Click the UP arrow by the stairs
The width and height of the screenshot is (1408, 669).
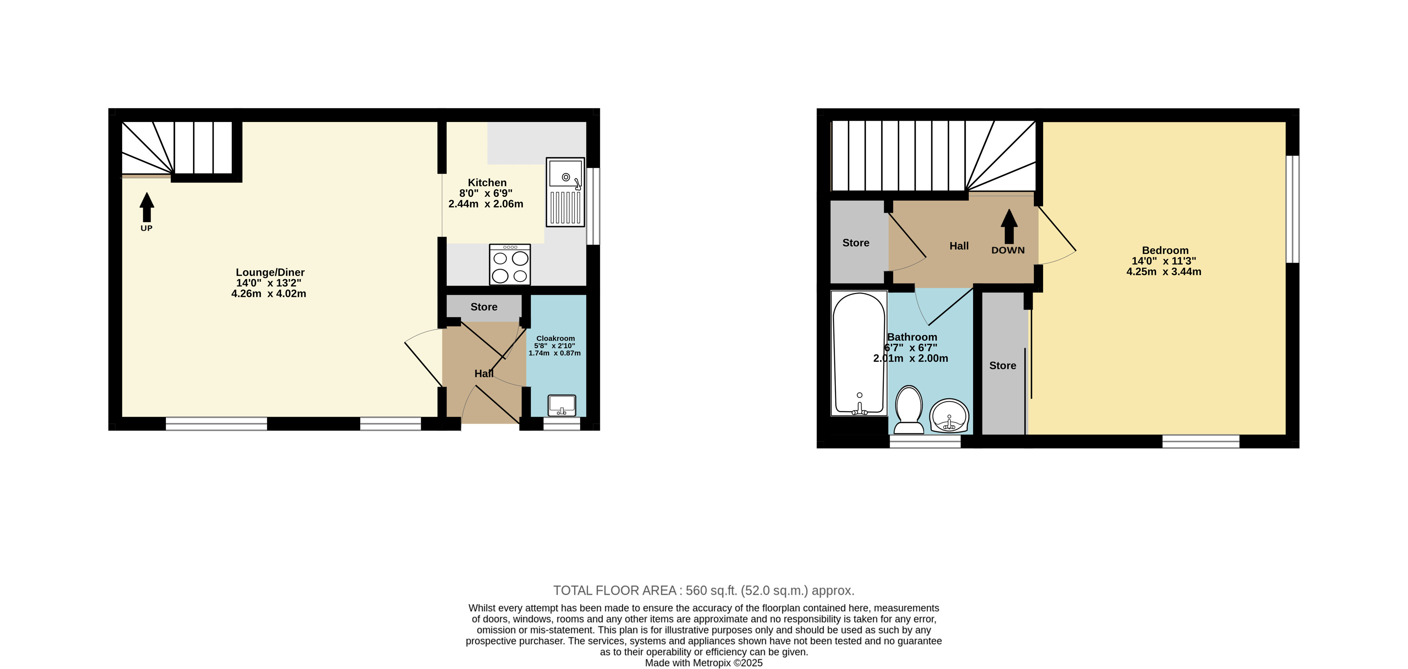[147, 207]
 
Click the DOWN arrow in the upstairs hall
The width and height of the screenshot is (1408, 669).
[1009, 226]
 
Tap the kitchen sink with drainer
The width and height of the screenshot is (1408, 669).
[565, 192]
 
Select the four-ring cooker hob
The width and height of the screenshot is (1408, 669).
[510, 264]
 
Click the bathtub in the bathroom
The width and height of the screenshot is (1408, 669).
[859, 354]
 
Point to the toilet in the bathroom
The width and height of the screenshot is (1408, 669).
[909, 410]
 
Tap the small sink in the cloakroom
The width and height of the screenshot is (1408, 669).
[562, 405]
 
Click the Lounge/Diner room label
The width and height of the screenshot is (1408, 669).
[270, 272]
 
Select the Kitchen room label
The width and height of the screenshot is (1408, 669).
[487, 182]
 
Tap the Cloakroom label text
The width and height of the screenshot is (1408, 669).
[555, 339]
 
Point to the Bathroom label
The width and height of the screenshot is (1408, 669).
[912, 337]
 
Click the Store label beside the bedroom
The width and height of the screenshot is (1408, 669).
[1003, 365]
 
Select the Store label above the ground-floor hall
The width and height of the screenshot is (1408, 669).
[484, 307]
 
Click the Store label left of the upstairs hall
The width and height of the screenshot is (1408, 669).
[856, 243]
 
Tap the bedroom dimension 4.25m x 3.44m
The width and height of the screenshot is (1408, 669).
[1163, 272]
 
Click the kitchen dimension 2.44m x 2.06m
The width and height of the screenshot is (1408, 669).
[486, 204]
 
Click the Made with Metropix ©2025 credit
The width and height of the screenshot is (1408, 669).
[703, 663]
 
